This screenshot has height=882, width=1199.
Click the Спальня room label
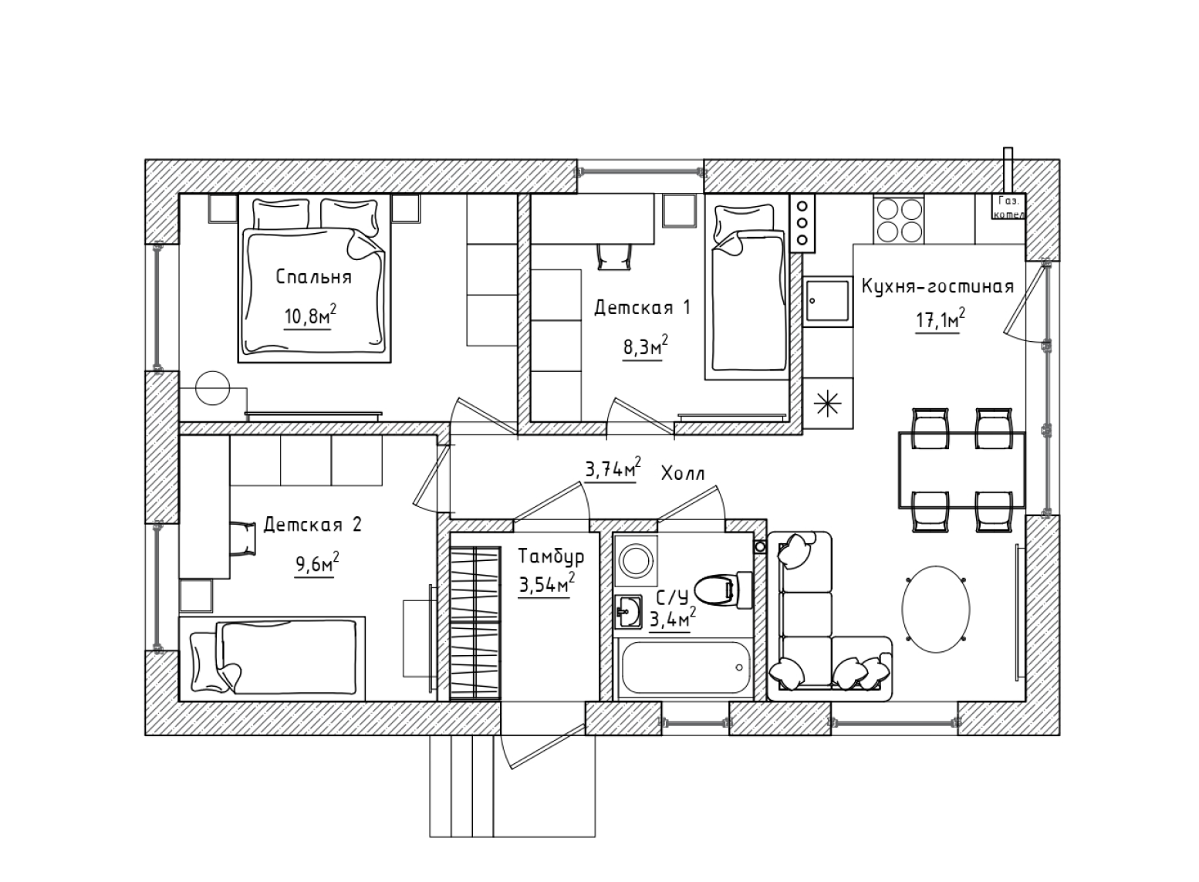[313, 277]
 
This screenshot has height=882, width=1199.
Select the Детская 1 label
[642, 308]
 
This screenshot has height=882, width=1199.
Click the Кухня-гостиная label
[937, 287]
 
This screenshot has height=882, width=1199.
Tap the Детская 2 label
[312, 525]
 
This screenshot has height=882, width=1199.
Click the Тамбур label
[551, 556]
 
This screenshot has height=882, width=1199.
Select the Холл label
[683, 474]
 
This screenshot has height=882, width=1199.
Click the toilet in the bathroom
[722, 590]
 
